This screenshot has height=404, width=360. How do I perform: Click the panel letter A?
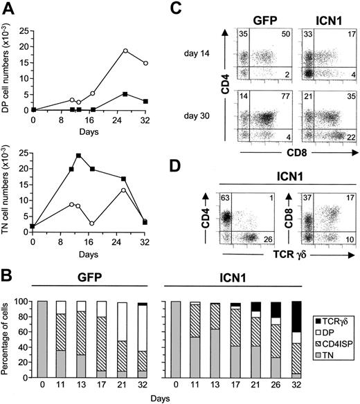coord(9,10)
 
